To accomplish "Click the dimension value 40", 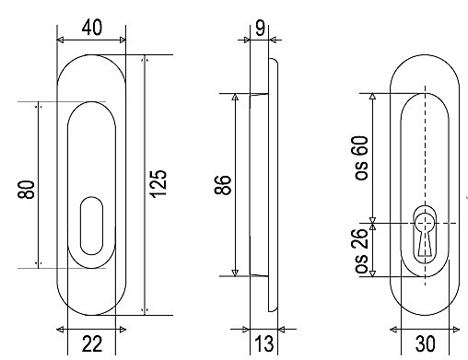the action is coord(92,28).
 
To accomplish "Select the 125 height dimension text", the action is coord(158,183).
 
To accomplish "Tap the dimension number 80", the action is coord(26,190).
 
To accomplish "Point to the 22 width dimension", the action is coord(92,343).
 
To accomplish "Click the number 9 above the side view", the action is coord(260,28).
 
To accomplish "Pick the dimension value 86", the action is coord(223,185).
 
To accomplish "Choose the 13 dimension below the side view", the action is coord(264,343).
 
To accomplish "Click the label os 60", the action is coord(361,157).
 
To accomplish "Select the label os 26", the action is coord(361,251).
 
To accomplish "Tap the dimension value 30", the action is coord(426,343).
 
